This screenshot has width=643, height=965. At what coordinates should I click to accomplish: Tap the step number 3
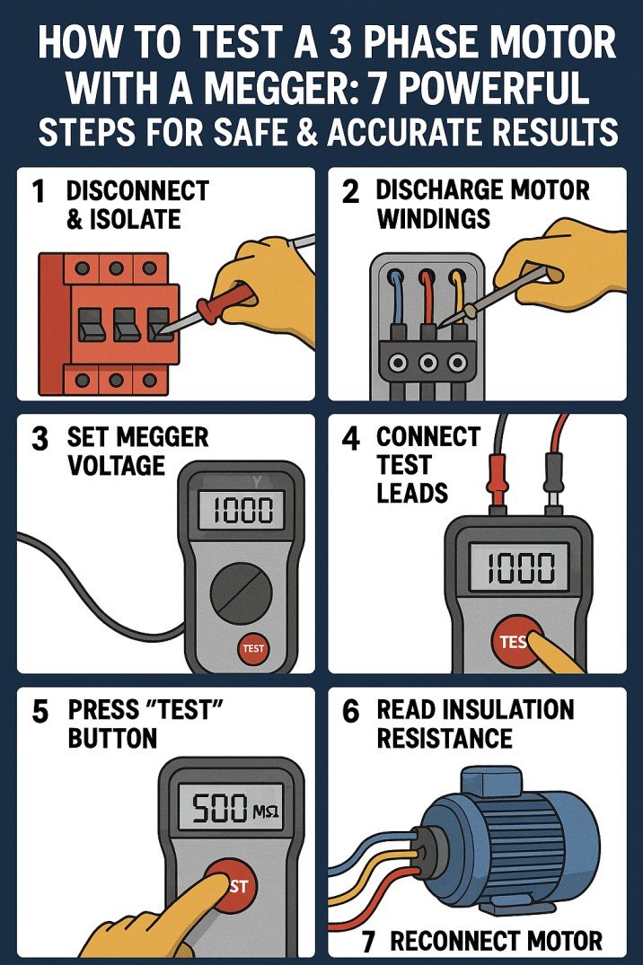click(x=39, y=439)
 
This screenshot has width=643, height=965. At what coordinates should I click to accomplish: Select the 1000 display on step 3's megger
click(x=240, y=512)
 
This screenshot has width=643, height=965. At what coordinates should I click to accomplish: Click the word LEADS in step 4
click(x=412, y=492)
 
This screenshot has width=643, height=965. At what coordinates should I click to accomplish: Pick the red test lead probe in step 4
click(x=551, y=466)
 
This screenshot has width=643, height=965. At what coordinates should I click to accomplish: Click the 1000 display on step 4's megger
click(x=519, y=568)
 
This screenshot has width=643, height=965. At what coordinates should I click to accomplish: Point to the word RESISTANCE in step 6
click(x=445, y=739)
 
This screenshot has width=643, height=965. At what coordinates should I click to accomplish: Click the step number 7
click(x=368, y=941)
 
